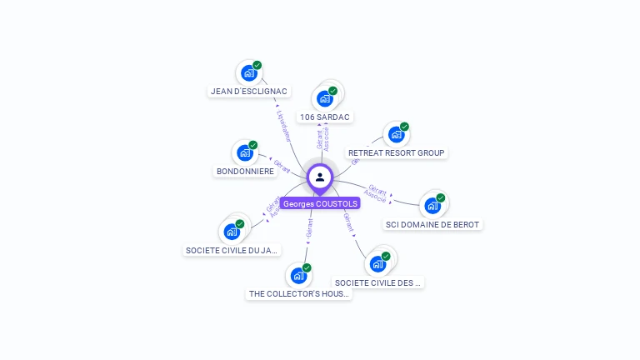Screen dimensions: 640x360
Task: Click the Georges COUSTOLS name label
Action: (x=320, y=203)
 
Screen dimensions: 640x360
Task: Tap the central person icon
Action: (x=320, y=177)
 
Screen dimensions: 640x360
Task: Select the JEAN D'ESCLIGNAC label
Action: (x=249, y=92)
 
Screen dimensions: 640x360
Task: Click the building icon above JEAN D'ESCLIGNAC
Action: (x=248, y=73)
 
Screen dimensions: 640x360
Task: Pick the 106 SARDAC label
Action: (x=325, y=117)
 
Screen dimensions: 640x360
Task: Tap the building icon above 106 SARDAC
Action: (x=325, y=98)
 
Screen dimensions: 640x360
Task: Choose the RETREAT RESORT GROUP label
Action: (x=397, y=153)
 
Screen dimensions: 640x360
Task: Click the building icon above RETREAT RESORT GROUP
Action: (x=397, y=134)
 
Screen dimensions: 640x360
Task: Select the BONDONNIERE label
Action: (x=245, y=172)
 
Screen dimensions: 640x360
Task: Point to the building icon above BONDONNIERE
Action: (x=245, y=152)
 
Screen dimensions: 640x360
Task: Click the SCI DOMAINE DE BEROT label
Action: (x=433, y=224)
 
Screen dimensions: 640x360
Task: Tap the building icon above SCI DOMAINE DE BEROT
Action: (x=432, y=205)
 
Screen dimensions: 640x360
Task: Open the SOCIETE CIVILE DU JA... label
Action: (x=232, y=250)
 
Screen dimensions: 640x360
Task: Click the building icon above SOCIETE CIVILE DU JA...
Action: (x=232, y=232)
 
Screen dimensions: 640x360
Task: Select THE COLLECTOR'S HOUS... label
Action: (x=299, y=294)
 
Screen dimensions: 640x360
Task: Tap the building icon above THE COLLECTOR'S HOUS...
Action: (x=298, y=276)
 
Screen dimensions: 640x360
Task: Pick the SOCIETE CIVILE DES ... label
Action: (x=378, y=282)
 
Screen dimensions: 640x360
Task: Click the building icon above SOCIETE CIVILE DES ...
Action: (x=377, y=264)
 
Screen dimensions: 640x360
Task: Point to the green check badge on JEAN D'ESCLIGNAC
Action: (x=257, y=65)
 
